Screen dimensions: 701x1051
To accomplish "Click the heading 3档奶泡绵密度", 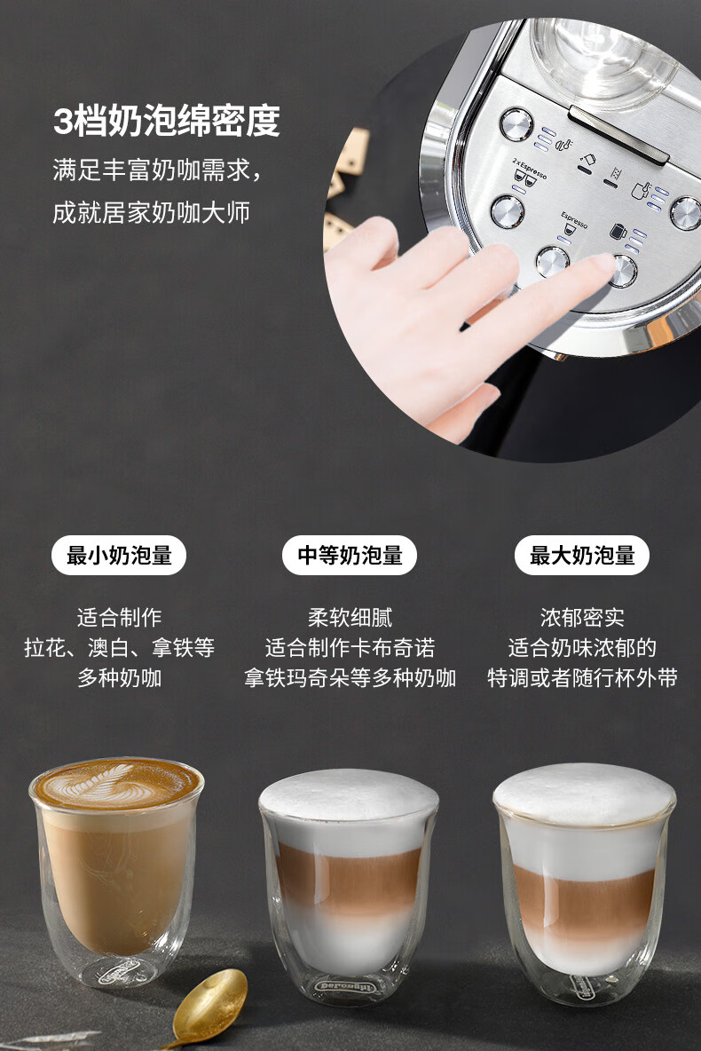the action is pyautogui.click(x=166, y=122).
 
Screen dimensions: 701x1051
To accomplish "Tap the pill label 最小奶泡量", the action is pyautogui.click(x=119, y=555).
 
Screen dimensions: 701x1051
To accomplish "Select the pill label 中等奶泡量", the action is pyautogui.click(x=350, y=555).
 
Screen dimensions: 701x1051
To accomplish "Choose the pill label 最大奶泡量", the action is pyautogui.click(x=582, y=555).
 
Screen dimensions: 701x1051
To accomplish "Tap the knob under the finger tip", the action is pyautogui.click(x=623, y=271).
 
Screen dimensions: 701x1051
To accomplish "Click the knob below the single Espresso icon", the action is pyautogui.click(x=552, y=261).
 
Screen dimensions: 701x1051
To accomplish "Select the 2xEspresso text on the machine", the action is pyautogui.click(x=530, y=169).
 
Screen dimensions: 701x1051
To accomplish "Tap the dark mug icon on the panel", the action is pyautogui.click(x=618, y=232).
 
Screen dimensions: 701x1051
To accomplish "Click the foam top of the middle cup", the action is pyautogui.click(x=349, y=795).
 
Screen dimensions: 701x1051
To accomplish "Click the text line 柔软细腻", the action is pyautogui.click(x=350, y=617).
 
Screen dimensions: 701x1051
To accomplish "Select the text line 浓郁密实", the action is pyautogui.click(x=582, y=617).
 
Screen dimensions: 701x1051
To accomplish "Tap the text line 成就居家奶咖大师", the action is pyautogui.click(x=152, y=212).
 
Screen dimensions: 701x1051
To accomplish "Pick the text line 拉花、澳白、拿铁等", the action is pyautogui.click(x=119, y=647).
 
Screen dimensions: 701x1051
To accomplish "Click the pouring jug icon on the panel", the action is pyautogui.click(x=587, y=160).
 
